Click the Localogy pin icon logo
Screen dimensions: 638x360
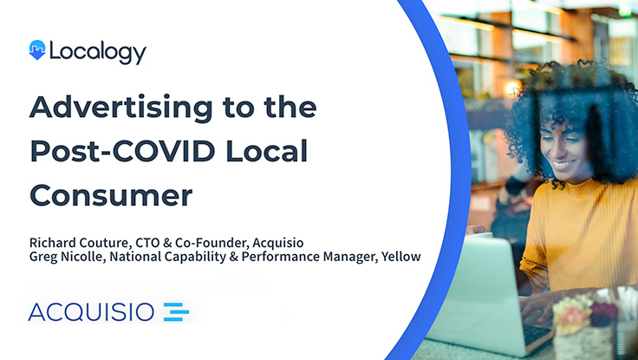click(x=37, y=50)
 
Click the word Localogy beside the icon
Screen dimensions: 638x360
click(x=98, y=53)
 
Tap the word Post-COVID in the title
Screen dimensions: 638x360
click(x=122, y=151)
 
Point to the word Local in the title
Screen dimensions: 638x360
click(x=266, y=151)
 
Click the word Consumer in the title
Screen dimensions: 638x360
click(x=111, y=195)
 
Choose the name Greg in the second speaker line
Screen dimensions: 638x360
click(x=40, y=257)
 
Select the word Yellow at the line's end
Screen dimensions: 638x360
click(x=400, y=257)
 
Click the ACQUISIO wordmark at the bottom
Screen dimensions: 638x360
click(x=91, y=312)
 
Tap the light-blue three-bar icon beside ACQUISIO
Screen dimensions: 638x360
click(x=176, y=312)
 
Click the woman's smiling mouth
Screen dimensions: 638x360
click(x=563, y=164)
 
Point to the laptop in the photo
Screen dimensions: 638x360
click(x=488, y=294)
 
